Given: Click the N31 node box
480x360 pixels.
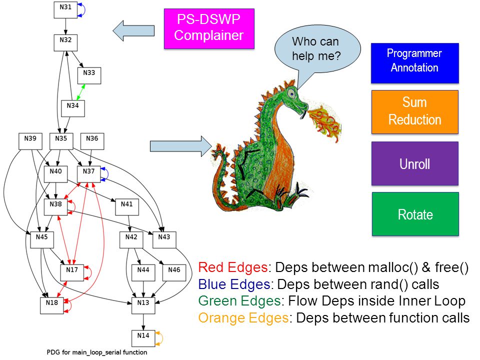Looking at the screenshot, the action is [x=65, y=10].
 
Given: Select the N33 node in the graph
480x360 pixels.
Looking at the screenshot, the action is [x=89, y=75].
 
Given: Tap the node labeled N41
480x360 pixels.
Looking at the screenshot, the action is [x=127, y=207].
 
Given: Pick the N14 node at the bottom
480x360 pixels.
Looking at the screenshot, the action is [x=143, y=338].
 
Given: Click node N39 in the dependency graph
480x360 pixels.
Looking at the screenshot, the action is [x=30, y=141].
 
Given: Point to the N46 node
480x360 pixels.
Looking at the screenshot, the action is [x=174, y=273].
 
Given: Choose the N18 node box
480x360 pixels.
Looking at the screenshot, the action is [x=52, y=305].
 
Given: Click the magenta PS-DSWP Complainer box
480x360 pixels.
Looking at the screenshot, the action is [x=209, y=29].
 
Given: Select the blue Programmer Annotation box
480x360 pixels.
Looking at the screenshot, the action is [x=415, y=63].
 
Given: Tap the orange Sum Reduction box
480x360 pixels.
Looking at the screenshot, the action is [x=415, y=112].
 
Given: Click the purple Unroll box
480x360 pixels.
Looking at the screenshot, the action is [x=415, y=163].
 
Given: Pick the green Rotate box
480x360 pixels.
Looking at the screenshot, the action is [x=415, y=214].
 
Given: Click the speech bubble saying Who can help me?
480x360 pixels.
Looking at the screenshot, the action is [x=317, y=49].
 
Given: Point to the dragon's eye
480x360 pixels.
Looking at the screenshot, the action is [x=291, y=93].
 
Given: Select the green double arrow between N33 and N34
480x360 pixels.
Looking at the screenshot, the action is [x=81, y=92].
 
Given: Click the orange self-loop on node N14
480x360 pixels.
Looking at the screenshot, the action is [x=159, y=338].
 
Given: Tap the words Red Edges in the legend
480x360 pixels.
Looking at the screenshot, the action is [x=233, y=267].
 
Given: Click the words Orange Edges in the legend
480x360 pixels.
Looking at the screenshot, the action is [x=243, y=318].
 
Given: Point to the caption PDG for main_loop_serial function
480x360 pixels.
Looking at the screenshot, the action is [x=96, y=352].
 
